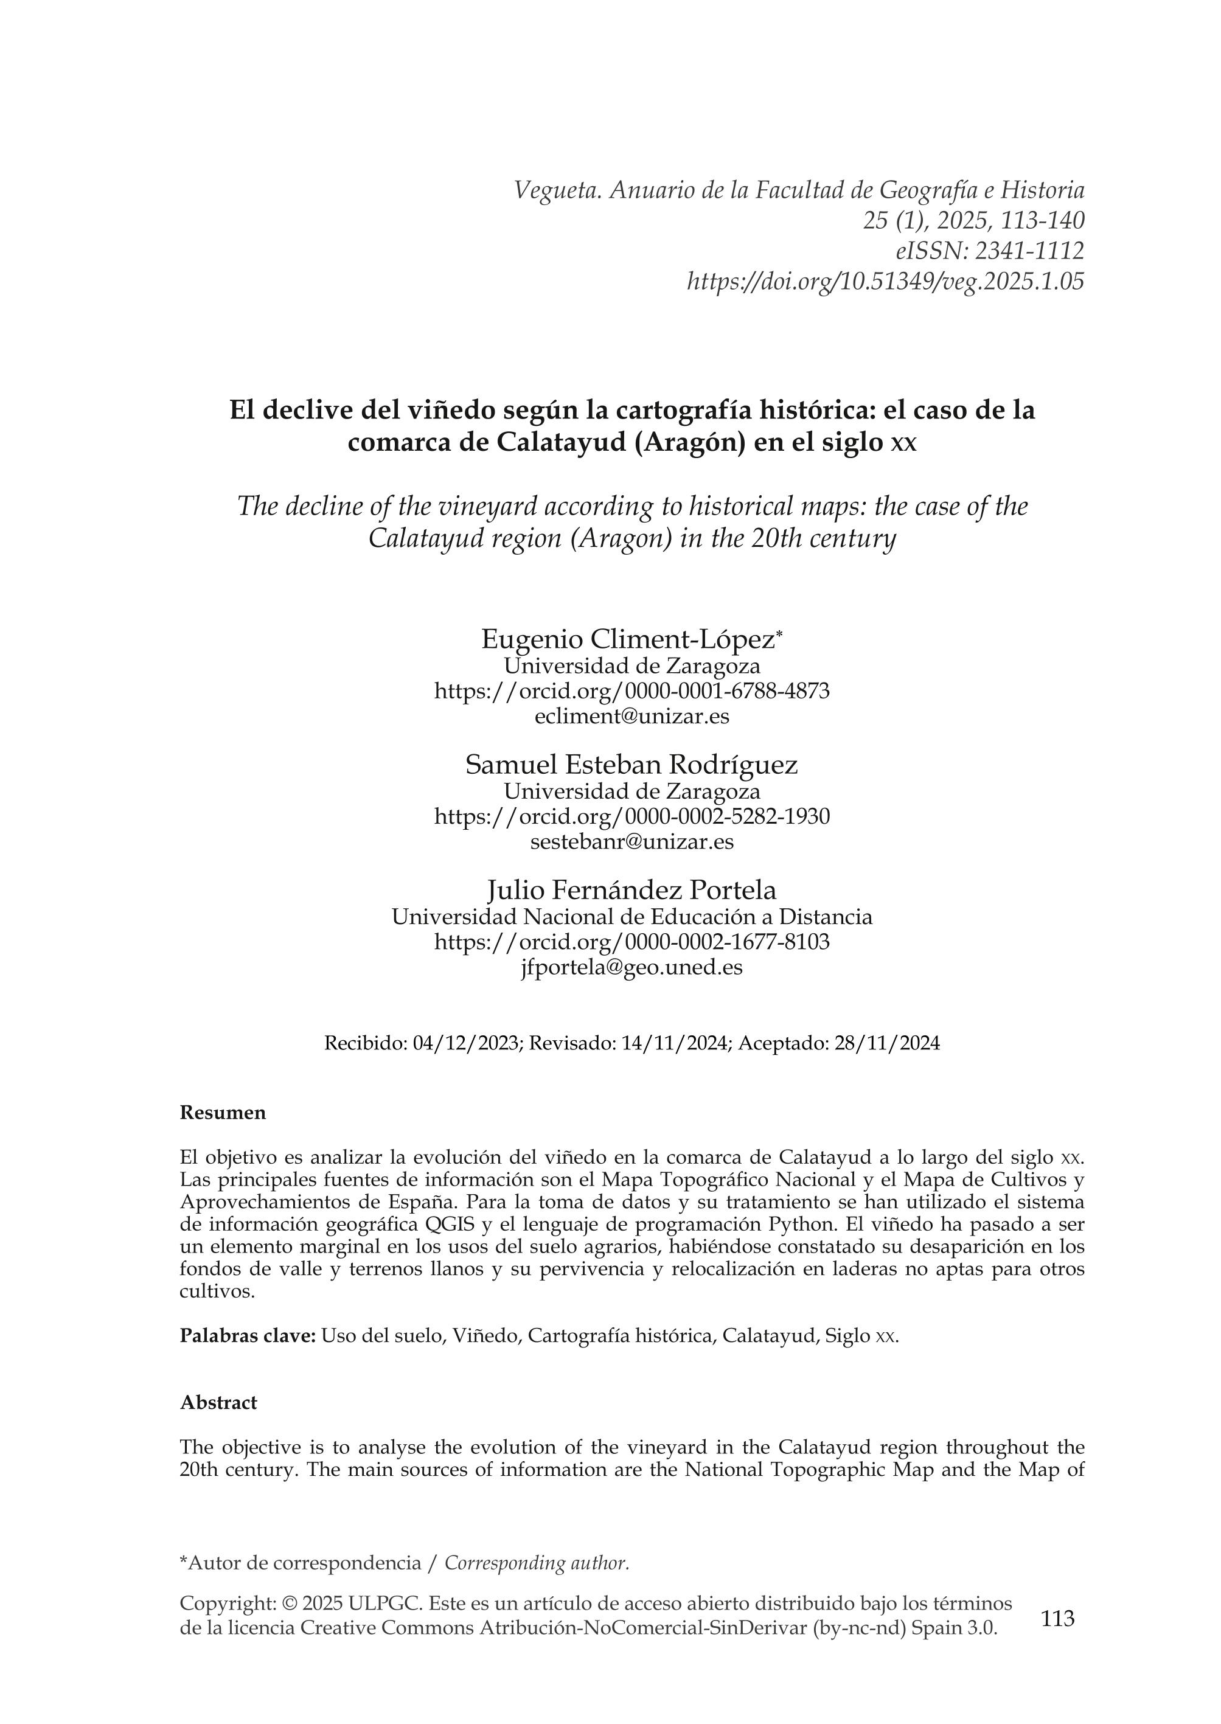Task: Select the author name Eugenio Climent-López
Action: click(628, 640)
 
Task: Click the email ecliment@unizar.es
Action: click(631, 716)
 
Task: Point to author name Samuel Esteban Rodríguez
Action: click(631, 765)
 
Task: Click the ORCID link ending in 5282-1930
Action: click(631, 816)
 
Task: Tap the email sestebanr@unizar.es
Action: click(631, 841)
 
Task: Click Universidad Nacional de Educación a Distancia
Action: click(631, 917)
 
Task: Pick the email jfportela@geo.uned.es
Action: click(631, 968)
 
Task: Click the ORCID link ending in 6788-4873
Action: click(631, 691)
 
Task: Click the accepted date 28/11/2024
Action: click(886, 1043)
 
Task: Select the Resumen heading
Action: click(223, 1113)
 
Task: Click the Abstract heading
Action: click(218, 1402)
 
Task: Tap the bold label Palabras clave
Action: click(248, 1335)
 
